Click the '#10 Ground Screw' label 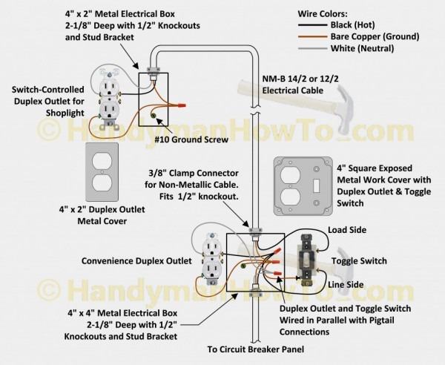(185, 138)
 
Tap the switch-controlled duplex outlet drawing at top (108, 94)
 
